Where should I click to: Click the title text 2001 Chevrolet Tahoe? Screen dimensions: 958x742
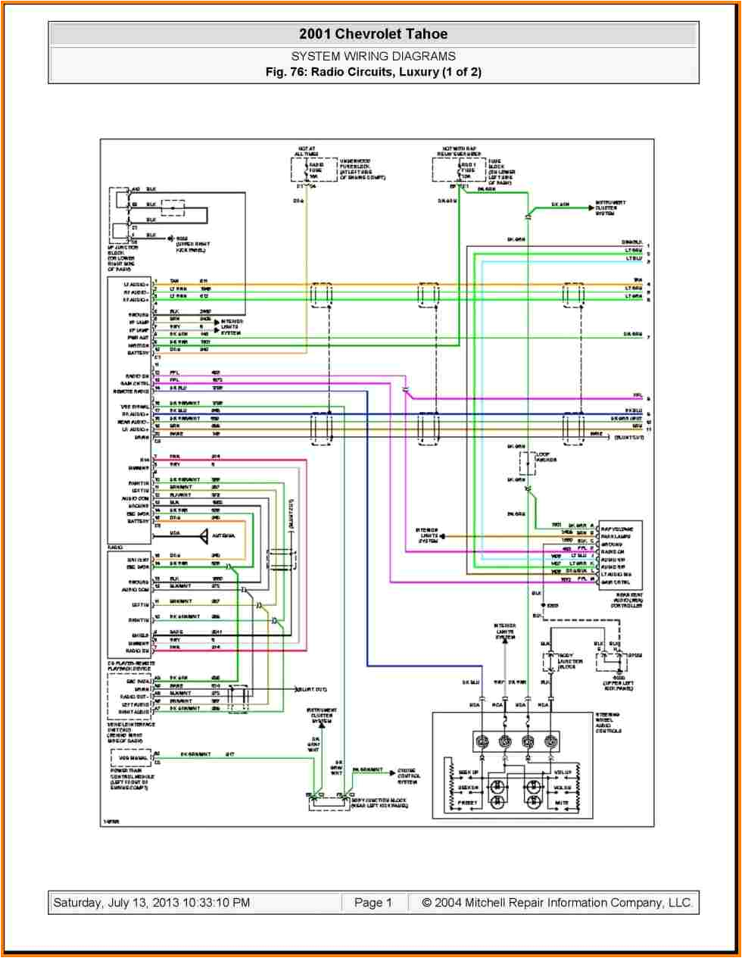point(373,34)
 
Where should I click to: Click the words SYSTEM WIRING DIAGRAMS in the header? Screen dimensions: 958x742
point(373,56)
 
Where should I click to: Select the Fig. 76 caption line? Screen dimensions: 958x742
point(373,72)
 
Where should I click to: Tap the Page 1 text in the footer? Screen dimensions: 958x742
point(373,903)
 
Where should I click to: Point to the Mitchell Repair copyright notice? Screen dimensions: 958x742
point(556,903)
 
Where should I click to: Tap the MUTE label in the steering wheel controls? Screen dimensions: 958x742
point(561,802)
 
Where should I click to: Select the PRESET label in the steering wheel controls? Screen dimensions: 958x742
point(467,802)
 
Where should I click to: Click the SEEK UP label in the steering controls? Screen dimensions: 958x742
point(469,772)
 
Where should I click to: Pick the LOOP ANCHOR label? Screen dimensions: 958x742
point(546,457)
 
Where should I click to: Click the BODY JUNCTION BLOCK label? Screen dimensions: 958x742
point(378,803)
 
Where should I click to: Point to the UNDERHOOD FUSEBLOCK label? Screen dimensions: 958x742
point(362,170)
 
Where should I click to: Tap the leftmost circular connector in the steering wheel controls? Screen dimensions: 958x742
point(481,741)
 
